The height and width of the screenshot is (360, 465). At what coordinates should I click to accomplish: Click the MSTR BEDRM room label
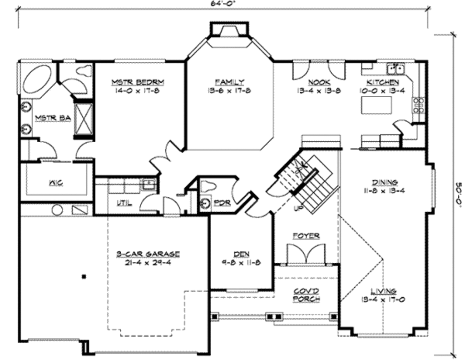tap(138, 82)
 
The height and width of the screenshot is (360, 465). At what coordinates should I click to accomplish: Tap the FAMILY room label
tap(229, 82)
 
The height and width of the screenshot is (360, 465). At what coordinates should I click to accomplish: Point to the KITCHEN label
tap(383, 82)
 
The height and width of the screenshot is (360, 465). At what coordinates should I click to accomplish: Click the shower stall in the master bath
tap(83, 120)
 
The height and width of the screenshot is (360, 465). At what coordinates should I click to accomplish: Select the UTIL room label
tap(124, 203)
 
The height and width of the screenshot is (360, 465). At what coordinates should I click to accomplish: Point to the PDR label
tap(222, 203)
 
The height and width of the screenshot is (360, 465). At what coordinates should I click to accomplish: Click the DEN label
tap(241, 255)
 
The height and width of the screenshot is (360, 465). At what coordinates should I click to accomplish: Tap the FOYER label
tap(306, 236)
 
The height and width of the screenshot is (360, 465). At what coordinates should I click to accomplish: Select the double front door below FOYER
tap(306, 255)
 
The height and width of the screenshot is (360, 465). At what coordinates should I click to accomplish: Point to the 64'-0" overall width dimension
tap(223, 3)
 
